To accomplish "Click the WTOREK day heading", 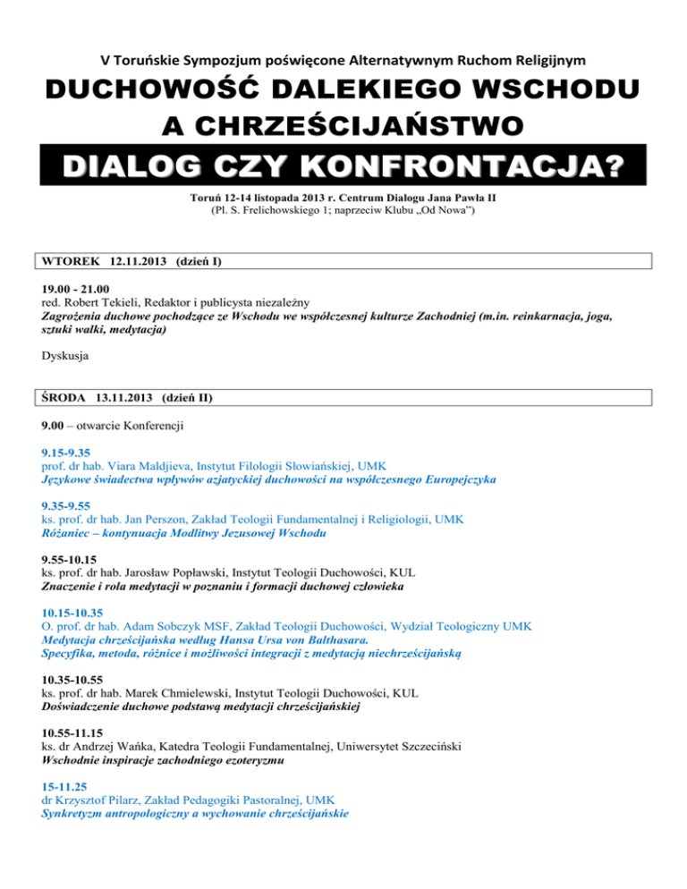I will (x=72, y=262).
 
